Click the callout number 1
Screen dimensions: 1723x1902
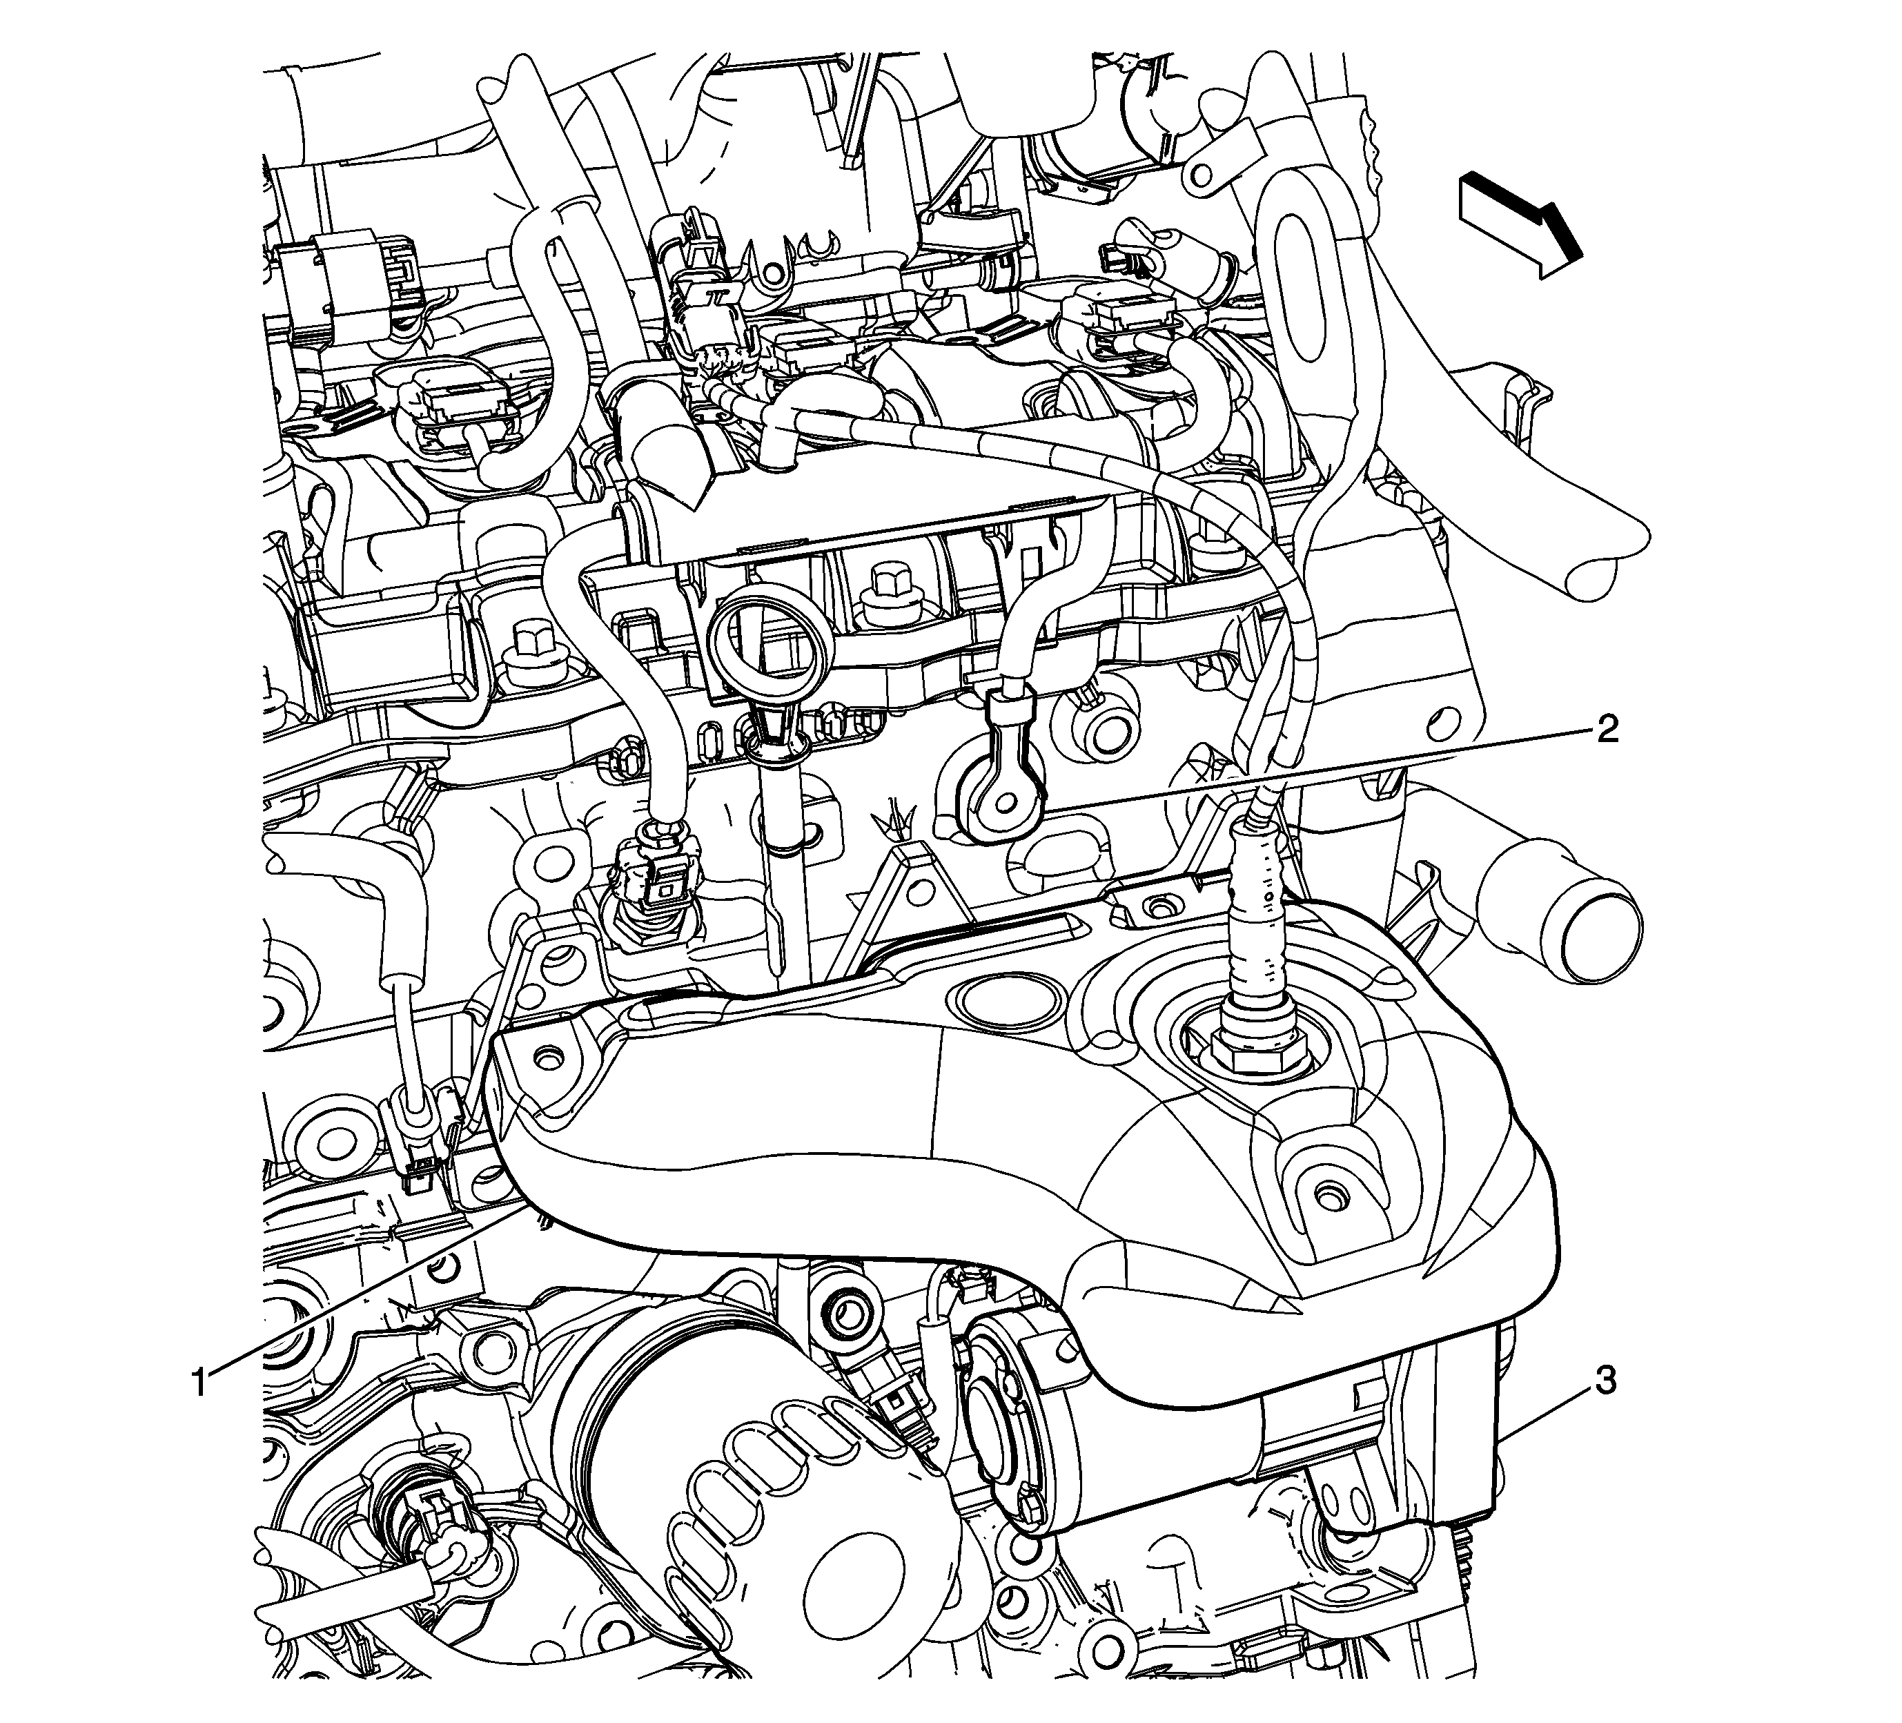[x=199, y=1383]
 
